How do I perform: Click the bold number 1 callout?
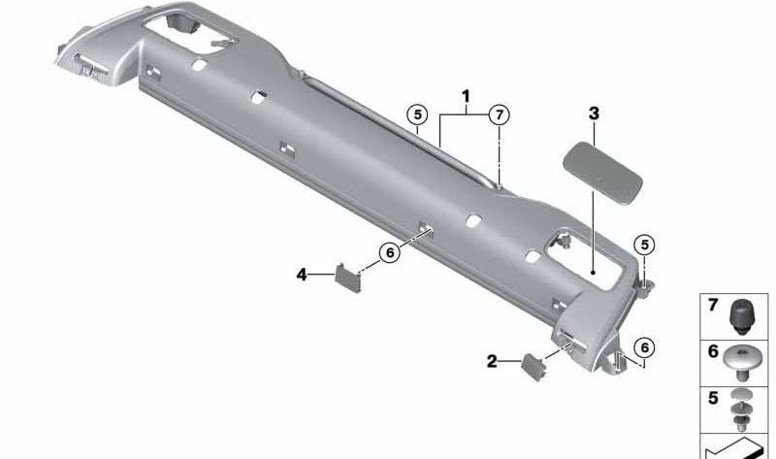[x=467, y=96]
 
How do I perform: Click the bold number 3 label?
[x=594, y=114]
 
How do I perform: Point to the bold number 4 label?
[x=302, y=276]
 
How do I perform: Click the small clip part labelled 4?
[x=347, y=278]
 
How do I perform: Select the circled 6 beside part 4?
[x=388, y=252]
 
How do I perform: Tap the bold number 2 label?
[x=492, y=361]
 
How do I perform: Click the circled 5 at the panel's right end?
[x=644, y=245]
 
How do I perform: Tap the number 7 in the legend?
[x=713, y=306]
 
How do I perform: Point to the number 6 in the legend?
[x=713, y=351]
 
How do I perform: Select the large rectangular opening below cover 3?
[x=586, y=258]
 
